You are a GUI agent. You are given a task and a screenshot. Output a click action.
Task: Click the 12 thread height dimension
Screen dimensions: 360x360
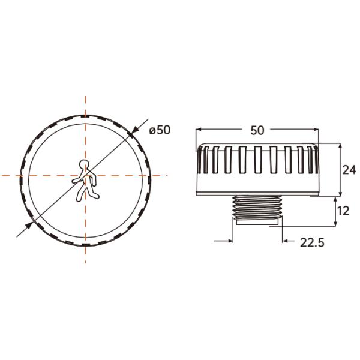[343, 211]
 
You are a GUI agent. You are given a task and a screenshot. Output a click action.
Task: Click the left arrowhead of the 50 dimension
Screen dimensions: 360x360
[200, 130]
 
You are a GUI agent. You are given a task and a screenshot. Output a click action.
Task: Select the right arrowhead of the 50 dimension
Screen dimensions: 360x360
[314, 130]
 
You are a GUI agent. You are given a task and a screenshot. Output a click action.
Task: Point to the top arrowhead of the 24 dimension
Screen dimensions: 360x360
[340, 146]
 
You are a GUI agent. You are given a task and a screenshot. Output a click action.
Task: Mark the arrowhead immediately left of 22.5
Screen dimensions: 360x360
[286, 242]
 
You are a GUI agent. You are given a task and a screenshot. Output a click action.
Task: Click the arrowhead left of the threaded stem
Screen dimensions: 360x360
[230, 242]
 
